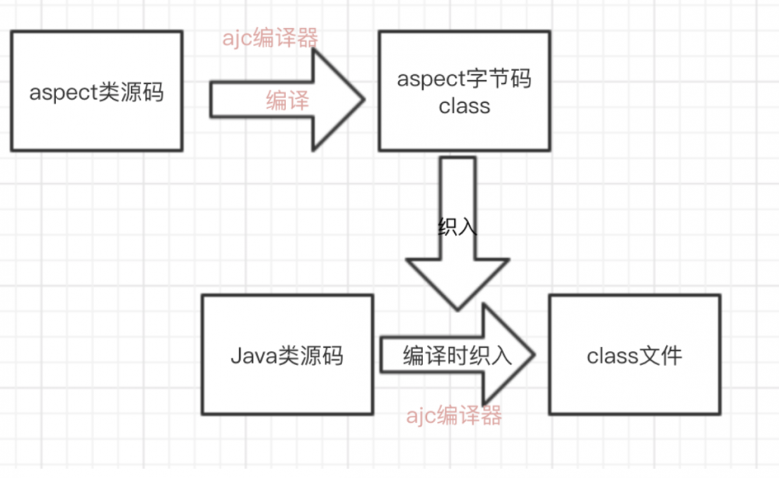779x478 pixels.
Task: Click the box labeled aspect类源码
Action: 97,92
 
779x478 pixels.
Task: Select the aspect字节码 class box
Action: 464,92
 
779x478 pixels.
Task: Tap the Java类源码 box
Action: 287,354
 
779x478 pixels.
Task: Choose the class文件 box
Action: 634,354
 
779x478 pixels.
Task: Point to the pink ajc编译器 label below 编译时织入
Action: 454,416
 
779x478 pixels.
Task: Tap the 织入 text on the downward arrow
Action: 457,227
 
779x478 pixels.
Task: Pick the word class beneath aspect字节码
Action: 464,106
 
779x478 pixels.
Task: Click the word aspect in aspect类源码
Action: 63,93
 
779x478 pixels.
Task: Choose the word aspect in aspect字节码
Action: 431,79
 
